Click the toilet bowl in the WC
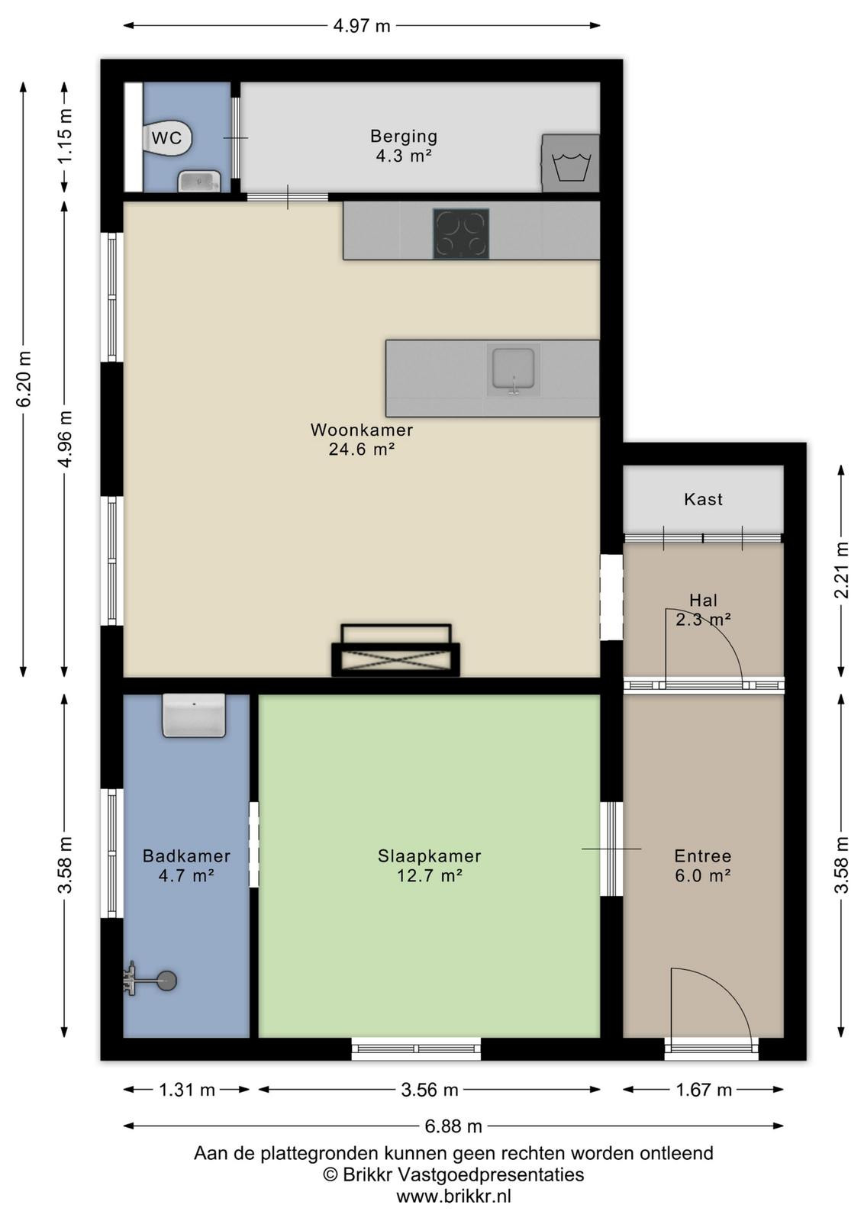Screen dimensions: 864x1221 [x=167, y=138]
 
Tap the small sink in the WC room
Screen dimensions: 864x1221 [x=199, y=181]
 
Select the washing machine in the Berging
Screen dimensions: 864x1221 [x=570, y=163]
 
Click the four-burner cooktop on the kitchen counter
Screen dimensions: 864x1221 [x=460, y=234]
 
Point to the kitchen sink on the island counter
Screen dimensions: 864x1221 [x=513, y=369]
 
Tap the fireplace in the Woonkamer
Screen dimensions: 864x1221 [x=396, y=650]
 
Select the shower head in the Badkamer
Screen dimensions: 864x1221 [x=150, y=981]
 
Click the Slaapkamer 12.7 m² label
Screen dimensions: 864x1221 [x=430, y=865]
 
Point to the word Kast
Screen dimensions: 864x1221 [x=703, y=499]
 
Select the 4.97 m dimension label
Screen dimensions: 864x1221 [x=362, y=26]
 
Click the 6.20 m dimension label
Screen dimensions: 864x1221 [x=24, y=379]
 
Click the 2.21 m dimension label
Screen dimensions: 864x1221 [x=842, y=569]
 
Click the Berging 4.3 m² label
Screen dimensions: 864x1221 [x=404, y=146]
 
